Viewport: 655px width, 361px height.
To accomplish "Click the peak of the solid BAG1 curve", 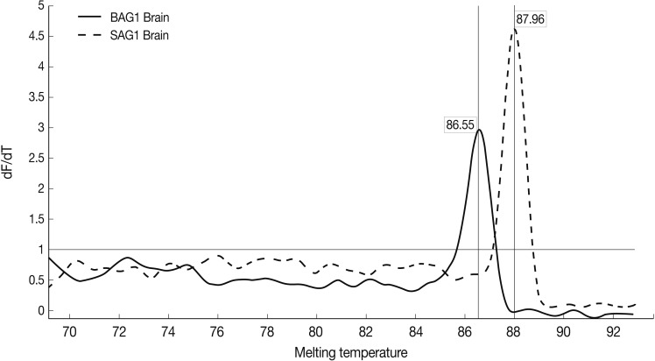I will (x=479, y=131).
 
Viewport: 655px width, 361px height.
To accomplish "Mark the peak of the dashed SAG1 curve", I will (x=515, y=30).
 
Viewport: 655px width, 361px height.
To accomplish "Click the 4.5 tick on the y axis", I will (x=33, y=36).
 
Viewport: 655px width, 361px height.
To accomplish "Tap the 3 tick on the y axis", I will (x=37, y=128).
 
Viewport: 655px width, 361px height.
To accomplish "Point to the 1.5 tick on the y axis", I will (x=33, y=219).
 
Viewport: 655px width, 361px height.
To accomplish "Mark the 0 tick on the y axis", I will (x=37, y=310).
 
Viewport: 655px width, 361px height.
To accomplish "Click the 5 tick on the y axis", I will (x=37, y=6).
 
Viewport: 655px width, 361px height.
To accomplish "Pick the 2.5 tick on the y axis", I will (x=33, y=158).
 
